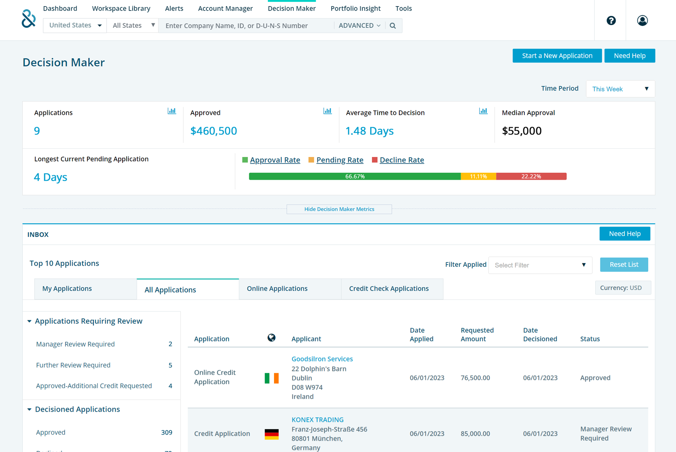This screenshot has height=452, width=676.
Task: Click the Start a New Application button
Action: [557, 56]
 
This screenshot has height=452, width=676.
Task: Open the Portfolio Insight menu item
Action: [355, 8]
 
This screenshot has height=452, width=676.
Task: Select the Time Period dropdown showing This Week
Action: [620, 89]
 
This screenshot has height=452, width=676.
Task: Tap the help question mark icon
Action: [611, 20]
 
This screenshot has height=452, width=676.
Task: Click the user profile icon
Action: [642, 20]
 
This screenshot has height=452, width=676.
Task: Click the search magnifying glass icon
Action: [393, 26]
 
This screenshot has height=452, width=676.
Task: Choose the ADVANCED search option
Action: [360, 26]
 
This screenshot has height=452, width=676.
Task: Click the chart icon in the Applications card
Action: [172, 111]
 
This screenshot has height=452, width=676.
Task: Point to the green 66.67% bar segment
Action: [355, 176]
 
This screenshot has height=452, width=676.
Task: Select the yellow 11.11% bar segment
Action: [478, 176]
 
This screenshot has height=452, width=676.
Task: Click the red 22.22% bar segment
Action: [531, 176]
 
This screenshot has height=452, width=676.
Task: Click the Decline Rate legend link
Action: [402, 160]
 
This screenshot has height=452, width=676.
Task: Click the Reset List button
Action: [624, 265]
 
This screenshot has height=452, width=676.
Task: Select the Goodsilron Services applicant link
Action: [322, 359]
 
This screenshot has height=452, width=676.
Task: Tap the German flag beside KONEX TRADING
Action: [271, 434]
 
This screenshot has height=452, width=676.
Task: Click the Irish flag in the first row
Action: [271, 378]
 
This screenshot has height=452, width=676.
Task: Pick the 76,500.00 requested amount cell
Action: [475, 378]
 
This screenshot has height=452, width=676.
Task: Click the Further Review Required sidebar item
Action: [73, 365]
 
